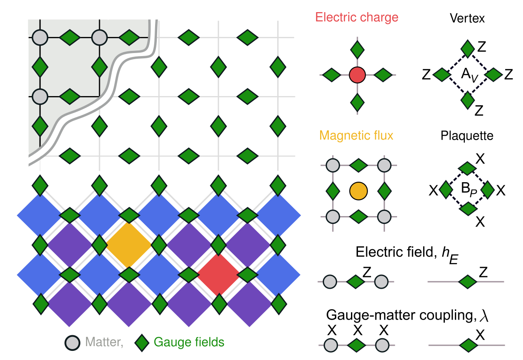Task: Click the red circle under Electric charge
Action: tap(357, 75)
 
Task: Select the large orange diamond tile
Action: tap(129, 245)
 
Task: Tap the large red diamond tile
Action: tap(219, 275)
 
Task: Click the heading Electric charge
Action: tap(357, 18)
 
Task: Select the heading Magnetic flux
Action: tap(356, 135)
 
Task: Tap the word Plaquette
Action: tap(467, 136)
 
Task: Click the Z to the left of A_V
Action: tap(426, 75)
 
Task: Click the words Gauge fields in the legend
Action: tap(189, 343)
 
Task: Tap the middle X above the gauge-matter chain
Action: tap(357, 330)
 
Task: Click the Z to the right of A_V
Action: tap(509, 75)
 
